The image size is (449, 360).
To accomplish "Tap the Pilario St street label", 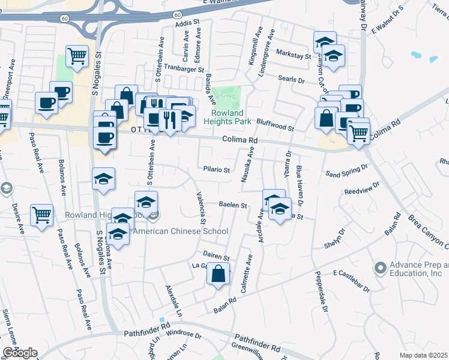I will [217, 170].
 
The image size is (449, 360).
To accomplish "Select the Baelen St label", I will [233, 205].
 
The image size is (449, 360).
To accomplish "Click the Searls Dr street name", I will [292, 79].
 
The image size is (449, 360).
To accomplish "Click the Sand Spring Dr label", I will [346, 172].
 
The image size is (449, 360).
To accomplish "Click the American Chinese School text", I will [181, 231].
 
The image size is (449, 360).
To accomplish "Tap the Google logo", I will [20, 353].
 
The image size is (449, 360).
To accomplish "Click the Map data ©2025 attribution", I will [424, 355].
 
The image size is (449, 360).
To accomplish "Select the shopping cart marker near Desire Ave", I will [41, 214].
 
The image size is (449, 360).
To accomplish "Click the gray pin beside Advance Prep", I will [380, 267].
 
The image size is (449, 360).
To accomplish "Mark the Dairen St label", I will [217, 256].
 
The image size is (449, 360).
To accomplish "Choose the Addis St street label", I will [187, 23].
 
